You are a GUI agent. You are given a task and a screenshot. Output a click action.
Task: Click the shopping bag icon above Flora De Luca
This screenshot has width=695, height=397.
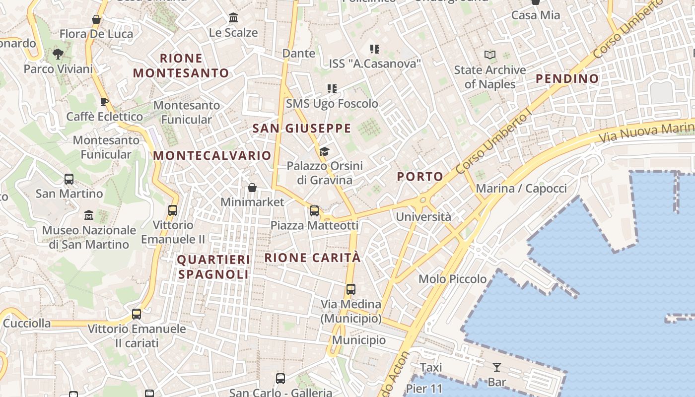pyautogui.click(x=96, y=20)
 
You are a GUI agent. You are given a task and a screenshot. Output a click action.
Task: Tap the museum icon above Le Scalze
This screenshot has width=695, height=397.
pyautogui.click(x=233, y=18)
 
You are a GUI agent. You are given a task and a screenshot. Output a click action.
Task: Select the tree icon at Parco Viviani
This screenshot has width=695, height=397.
pyautogui.click(x=58, y=54)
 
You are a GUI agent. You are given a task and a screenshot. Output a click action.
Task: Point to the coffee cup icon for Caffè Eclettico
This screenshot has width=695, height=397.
pyautogui.click(x=104, y=102)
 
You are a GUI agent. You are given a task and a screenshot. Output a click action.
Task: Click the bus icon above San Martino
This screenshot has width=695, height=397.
pyautogui.click(x=69, y=179)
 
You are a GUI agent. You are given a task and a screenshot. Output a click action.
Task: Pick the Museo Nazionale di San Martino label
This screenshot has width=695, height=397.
pyautogui.click(x=89, y=237)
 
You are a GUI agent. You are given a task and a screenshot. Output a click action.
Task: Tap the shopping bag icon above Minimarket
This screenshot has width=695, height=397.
pyautogui.click(x=252, y=188)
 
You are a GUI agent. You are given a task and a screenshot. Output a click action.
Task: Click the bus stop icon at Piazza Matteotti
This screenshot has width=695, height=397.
pyautogui.click(x=314, y=211)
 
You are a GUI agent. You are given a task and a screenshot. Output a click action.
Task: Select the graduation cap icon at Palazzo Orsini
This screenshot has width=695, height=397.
pyautogui.click(x=324, y=151)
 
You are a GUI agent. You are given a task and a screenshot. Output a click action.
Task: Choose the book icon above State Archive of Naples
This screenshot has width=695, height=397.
pyautogui.click(x=490, y=55)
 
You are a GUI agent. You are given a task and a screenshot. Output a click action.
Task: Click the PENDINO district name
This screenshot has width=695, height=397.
pyautogui.click(x=567, y=78)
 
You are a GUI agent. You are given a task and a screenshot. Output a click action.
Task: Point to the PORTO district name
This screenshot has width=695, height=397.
pyautogui.click(x=420, y=176)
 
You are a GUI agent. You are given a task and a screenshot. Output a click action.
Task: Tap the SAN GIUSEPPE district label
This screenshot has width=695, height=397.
pyautogui.click(x=302, y=129)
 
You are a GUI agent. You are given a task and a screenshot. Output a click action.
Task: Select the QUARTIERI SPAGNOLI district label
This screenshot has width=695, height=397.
pyautogui.click(x=213, y=267)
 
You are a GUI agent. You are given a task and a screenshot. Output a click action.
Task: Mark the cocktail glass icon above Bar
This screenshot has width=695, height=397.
pyautogui.click(x=496, y=367)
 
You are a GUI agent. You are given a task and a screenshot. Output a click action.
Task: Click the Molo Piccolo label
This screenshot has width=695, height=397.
pyautogui.click(x=453, y=279)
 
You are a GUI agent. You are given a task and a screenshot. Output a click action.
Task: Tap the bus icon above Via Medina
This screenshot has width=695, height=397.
pyautogui.click(x=351, y=289)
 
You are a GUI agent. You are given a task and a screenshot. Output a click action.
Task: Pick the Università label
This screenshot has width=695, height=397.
pyautogui.click(x=423, y=217)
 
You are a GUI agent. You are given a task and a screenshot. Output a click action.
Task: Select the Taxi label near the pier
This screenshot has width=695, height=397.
pyautogui.click(x=431, y=368)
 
